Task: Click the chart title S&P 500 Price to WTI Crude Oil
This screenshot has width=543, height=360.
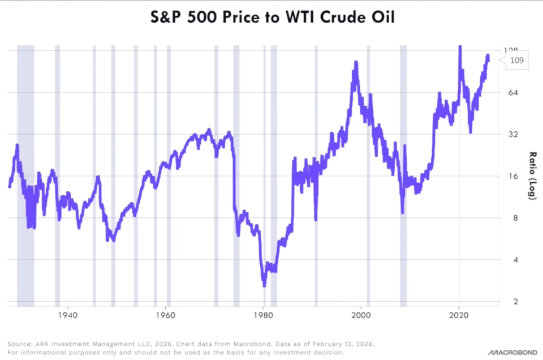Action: pyautogui.click(x=271, y=18)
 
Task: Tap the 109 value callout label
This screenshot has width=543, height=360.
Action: pyautogui.click(x=516, y=61)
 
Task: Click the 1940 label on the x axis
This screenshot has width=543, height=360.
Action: pyautogui.click(x=67, y=314)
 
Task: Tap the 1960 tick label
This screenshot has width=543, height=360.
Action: pyautogui.click(x=165, y=314)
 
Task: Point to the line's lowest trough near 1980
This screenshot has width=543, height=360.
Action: pyautogui.click(x=264, y=285)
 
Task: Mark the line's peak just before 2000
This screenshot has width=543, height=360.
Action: pyautogui.click(x=355, y=62)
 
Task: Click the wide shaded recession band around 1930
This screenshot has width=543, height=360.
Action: pyautogui.click(x=25, y=170)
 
